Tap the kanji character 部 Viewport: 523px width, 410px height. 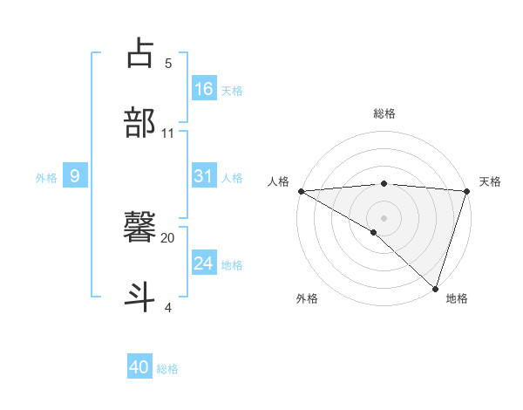click(x=140, y=123)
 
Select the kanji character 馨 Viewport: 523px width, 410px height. click(x=140, y=228)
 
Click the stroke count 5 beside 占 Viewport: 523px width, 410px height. click(x=168, y=63)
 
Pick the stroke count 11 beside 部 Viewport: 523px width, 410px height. click(x=168, y=133)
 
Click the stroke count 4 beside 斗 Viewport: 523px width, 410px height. click(x=168, y=307)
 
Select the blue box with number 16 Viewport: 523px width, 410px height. click(x=204, y=89)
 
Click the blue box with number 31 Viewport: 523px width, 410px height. click(x=204, y=176)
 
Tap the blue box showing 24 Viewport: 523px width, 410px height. click(x=204, y=263)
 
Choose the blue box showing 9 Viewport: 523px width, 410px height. click(x=75, y=177)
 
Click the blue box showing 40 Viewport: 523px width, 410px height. click(x=139, y=368)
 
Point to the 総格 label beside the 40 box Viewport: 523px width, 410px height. click(x=167, y=369)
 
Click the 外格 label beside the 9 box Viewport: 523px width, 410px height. click(x=46, y=178)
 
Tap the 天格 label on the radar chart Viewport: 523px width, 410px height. click(x=491, y=181)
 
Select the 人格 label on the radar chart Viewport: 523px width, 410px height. click(x=278, y=181)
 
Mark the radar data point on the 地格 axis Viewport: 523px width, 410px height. click(x=436, y=289)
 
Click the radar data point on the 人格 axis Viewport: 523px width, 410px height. click(x=301, y=191)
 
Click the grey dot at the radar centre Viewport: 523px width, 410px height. click(x=384, y=217)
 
